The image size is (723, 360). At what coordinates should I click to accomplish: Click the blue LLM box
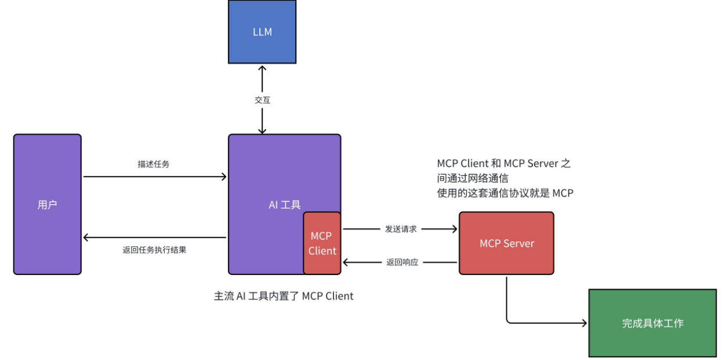click(x=262, y=31)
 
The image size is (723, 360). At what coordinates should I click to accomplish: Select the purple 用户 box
click(x=48, y=204)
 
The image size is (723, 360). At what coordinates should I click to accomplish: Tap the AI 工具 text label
click(x=284, y=204)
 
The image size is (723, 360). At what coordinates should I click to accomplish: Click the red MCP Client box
click(x=322, y=243)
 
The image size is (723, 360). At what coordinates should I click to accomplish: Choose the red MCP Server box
click(x=506, y=243)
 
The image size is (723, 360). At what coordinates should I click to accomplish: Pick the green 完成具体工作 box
click(x=652, y=323)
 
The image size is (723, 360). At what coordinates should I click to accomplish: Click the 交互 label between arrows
click(x=262, y=100)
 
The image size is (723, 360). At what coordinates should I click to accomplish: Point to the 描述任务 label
click(x=153, y=164)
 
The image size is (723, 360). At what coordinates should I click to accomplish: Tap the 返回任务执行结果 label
click(x=154, y=250)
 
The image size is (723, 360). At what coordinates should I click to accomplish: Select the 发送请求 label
click(x=400, y=229)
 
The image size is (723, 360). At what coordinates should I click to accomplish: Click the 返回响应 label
click(x=402, y=262)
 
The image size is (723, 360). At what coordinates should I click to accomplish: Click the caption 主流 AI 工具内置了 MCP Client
click(x=284, y=296)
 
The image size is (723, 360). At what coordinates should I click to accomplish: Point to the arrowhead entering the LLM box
click(x=262, y=67)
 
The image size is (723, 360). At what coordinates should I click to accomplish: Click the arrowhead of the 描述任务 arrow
click(x=224, y=177)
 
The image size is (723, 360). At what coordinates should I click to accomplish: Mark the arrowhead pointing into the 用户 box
click(x=85, y=237)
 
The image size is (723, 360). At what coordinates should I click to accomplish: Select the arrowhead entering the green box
click(x=585, y=323)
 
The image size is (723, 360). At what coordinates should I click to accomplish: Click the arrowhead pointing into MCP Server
click(x=455, y=229)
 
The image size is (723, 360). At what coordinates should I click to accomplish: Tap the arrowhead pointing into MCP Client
click(x=345, y=262)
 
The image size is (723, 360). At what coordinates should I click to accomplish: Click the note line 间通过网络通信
click(x=473, y=178)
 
